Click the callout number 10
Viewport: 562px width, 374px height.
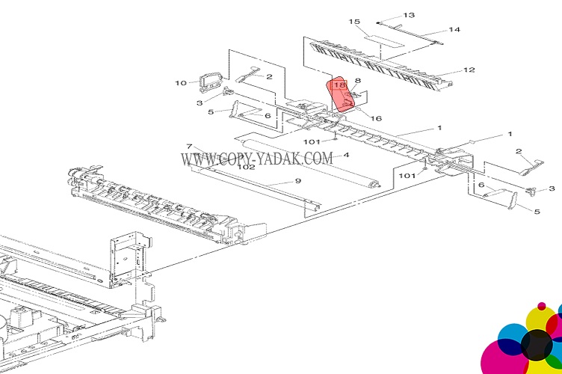(181, 83)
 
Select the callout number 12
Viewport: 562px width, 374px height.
(469, 70)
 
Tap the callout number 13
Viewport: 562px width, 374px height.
(409, 15)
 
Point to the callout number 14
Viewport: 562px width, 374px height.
(454, 29)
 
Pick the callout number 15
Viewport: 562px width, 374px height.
(354, 22)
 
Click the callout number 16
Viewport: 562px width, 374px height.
(376, 118)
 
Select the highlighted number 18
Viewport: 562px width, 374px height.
(339, 85)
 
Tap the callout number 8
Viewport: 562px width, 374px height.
(357, 81)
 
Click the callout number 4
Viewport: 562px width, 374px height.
(346, 155)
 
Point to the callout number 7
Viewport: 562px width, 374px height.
(189, 147)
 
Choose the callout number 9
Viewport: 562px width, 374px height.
(298, 181)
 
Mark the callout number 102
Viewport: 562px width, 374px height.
(246, 167)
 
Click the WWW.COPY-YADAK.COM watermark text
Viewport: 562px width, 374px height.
(256, 159)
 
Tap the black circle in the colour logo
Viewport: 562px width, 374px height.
(537, 345)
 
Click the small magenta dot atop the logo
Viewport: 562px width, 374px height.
(542, 306)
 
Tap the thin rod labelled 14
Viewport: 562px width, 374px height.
(410, 34)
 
